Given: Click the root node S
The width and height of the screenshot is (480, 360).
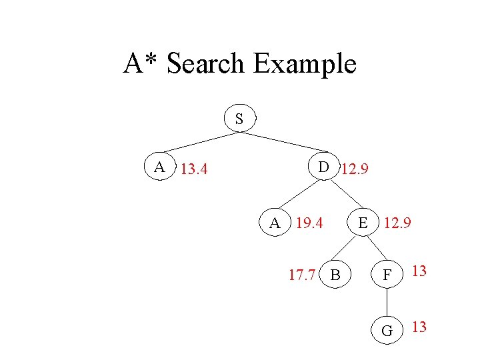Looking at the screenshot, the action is (x=239, y=119).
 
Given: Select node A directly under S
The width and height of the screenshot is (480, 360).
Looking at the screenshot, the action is (x=160, y=167).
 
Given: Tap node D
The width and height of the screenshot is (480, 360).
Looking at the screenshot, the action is (x=323, y=167).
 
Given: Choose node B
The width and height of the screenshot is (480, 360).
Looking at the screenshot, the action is (x=336, y=273).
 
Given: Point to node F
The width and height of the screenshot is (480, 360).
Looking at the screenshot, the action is (x=387, y=273).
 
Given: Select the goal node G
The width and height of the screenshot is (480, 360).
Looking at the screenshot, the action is (x=387, y=329).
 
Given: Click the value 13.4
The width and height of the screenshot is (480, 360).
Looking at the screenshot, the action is (x=194, y=169).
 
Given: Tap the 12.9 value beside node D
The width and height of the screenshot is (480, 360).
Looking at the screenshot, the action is (x=355, y=169).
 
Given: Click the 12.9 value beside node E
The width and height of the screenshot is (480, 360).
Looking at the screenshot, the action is (x=397, y=223).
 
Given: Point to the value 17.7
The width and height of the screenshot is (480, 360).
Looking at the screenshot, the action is (x=301, y=273).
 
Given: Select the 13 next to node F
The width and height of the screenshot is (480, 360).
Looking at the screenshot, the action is (x=419, y=271).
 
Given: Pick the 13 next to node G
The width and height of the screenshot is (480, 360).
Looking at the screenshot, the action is (x=419, y=327).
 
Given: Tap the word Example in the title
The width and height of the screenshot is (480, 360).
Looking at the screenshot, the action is (x=305, y=64).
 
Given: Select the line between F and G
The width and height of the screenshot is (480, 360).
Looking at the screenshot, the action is (x=387, y=301).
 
